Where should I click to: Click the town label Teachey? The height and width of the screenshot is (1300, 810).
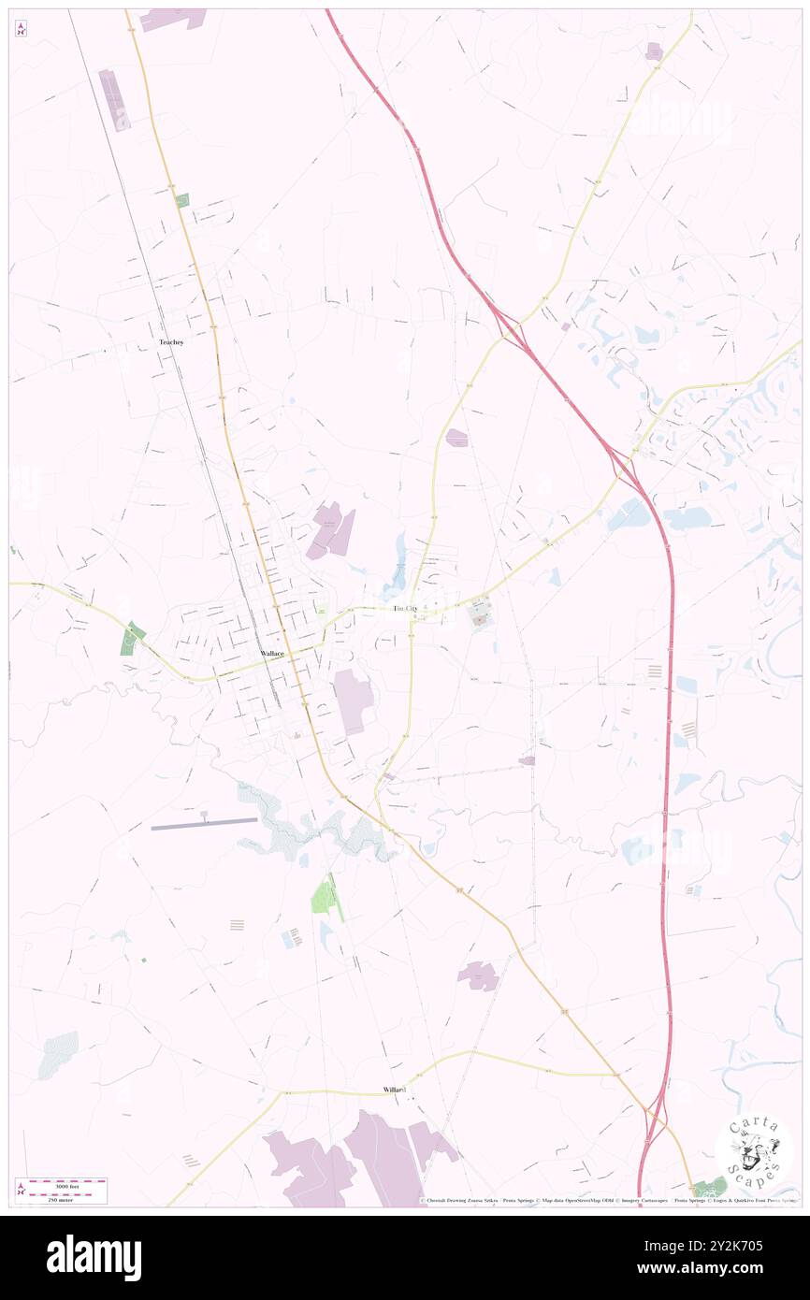(x=171, y=342)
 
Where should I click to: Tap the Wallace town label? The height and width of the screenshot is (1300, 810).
(x=272, y=655)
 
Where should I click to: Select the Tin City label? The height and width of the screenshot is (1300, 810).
(x=405, y=609)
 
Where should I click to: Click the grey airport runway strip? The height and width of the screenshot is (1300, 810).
(x=204, y=823)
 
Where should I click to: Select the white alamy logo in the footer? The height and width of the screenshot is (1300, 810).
(x=94, y=1257)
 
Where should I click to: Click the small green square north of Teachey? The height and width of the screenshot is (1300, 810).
(x=181, y=200)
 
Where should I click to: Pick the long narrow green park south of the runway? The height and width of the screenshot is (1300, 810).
(x=325, y=897)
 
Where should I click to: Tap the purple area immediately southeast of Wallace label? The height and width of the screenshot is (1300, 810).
(x=353, y=701)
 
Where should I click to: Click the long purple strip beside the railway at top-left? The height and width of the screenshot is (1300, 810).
(x=114, y=99)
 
